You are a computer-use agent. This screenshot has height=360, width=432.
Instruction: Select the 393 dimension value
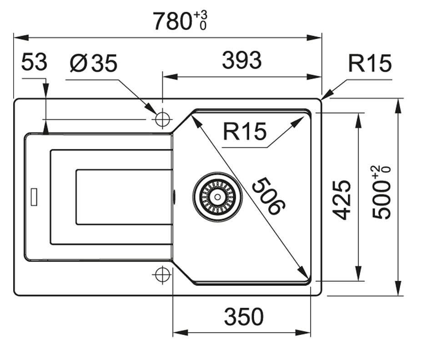pos(241,61)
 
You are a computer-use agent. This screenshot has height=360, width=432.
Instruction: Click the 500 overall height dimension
pos(381,200)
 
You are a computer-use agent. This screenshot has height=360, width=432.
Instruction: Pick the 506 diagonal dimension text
pos(268,196)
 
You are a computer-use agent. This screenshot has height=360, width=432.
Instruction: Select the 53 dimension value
pos(34,62)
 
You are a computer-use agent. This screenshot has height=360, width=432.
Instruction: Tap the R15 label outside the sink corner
pos(370,64)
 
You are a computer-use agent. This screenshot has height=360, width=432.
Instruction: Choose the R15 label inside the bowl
pos(244,132)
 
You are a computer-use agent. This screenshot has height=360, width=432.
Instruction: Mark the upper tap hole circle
pos(162,119)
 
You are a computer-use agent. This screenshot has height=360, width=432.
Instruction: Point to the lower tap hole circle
pos(162,274)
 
